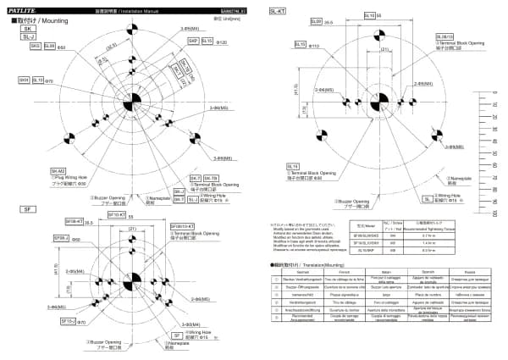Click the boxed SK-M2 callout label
pyautogui.click(x=58, y=170)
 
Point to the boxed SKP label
pyautogui.click(x=193, y=41)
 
